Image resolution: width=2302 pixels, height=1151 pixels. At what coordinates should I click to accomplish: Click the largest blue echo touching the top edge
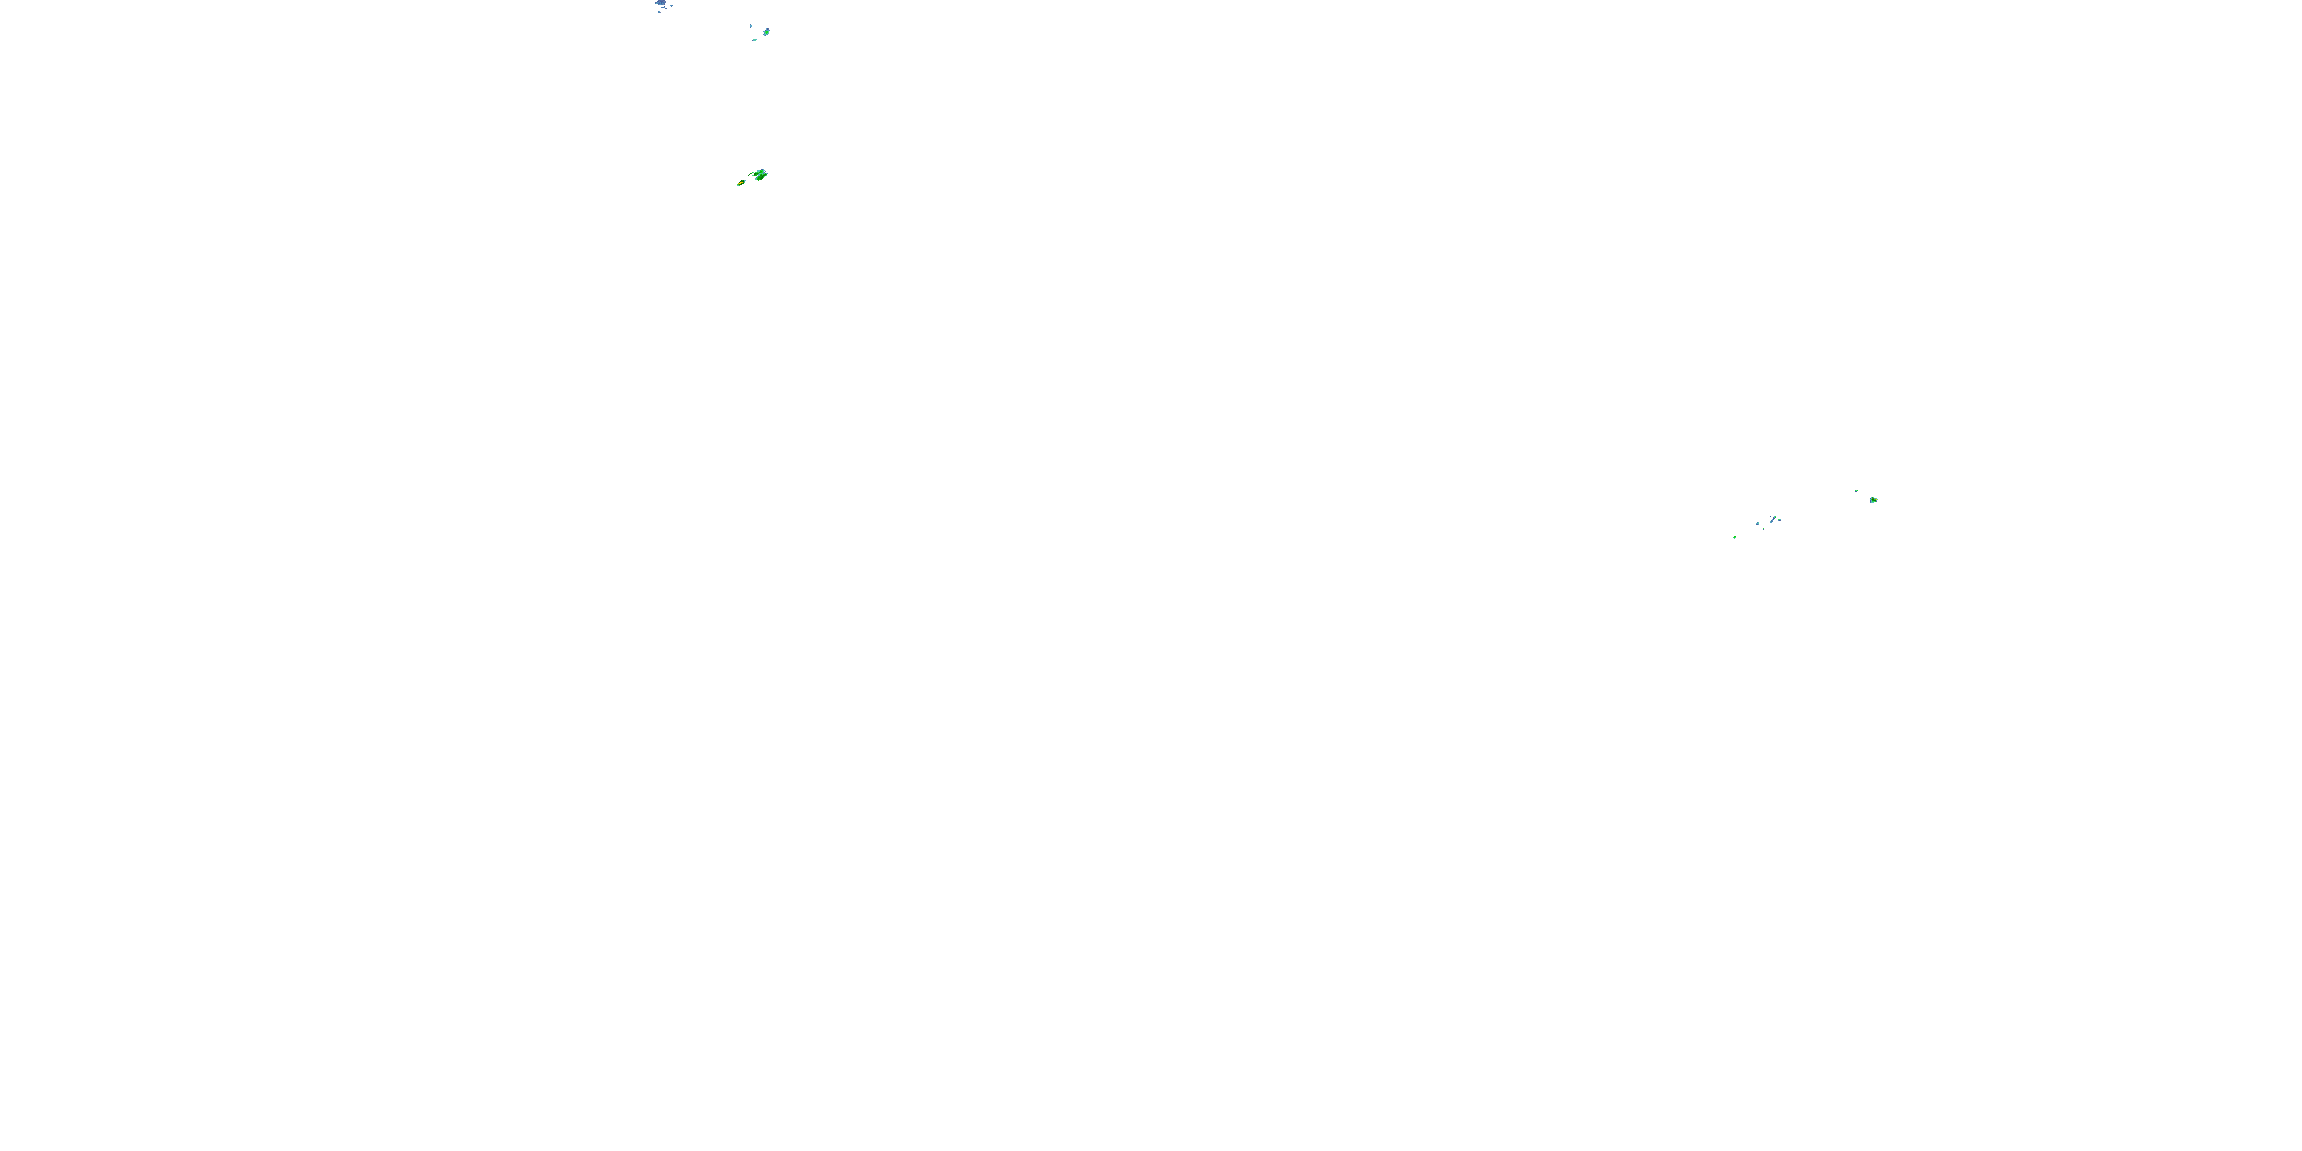tap(661, 2)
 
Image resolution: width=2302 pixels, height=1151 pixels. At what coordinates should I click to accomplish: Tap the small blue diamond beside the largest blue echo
tap(672, 5)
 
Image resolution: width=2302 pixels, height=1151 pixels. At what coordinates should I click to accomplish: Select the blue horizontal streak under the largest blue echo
tap(664, 8)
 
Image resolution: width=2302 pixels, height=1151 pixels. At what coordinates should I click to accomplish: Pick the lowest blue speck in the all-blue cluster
tap(659, 12)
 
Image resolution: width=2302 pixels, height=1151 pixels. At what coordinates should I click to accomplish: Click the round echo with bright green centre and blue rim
tap(767, 32)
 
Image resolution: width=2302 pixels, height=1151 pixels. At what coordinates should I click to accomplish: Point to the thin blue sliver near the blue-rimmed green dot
tap(751, 26)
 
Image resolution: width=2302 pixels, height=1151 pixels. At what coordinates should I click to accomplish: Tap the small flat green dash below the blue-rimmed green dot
tap(755, 40)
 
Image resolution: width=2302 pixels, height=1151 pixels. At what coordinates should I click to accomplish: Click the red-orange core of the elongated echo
tap(740, 183)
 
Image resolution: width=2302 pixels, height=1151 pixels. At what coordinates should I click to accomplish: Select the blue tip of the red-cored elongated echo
tap(744, 180)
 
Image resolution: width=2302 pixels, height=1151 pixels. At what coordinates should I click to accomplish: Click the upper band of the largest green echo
tap(760, 173)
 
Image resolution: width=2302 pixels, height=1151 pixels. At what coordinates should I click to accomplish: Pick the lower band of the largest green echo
tap(761, 177)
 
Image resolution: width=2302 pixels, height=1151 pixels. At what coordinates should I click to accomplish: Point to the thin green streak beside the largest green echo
tap(751, 173)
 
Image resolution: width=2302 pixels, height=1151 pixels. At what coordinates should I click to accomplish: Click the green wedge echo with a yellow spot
tap(1873, 500)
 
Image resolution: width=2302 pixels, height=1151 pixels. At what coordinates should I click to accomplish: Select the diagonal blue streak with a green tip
tap(1773, 521)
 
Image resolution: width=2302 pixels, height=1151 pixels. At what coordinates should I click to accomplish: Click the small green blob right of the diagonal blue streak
tap(1779, 520)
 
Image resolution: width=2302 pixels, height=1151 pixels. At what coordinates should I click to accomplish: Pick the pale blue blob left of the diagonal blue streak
tap(1758, 523)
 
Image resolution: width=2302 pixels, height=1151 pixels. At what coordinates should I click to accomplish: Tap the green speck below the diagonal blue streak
tap(1764, 529)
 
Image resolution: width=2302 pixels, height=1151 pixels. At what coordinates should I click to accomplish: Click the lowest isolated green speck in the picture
tap(1734, 537)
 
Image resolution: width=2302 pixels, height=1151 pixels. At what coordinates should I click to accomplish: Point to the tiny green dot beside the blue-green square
tap(1852, 489)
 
